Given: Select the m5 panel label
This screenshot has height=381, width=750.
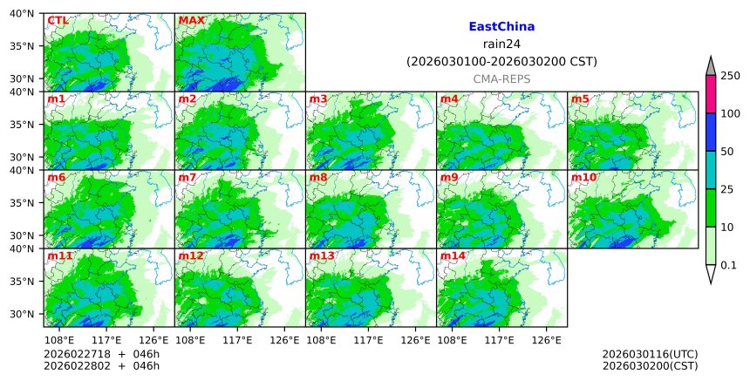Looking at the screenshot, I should tap(580, 99).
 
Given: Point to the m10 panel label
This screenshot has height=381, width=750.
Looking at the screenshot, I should tap(583, 177).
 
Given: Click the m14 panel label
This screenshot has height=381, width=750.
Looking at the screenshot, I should tap(453, 255).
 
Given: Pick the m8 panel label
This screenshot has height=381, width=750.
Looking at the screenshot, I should tap(318, 177).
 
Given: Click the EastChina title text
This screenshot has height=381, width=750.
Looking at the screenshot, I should tap(501, 27).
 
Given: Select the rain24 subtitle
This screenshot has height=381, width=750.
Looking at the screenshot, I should tap(501, 44).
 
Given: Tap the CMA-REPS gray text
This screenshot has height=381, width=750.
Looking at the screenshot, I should tap(501, 78).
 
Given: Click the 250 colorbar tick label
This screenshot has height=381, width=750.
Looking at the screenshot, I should tap(730, 76).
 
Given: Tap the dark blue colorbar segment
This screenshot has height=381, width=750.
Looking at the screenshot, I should tap(711, 133).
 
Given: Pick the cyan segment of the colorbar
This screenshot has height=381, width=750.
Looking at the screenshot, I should tap(711, 170).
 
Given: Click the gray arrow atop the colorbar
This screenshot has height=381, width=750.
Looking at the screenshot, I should tap(711, 66).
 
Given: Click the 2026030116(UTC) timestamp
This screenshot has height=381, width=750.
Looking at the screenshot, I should tap(650, 354).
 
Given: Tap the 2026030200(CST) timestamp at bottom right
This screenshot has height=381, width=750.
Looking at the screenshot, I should tap(650, 365).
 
